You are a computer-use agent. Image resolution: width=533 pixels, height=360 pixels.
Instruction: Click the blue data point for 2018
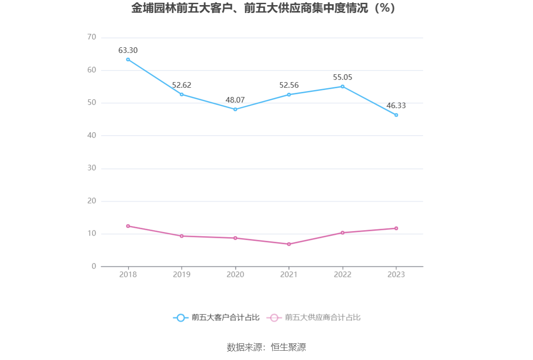pos(128,59)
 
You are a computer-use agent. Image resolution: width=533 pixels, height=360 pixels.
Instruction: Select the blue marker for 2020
pos(235,109)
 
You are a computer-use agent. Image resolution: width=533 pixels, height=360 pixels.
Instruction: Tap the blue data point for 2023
pos(396,115)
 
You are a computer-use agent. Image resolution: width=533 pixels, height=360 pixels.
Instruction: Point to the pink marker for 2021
pos(289,244)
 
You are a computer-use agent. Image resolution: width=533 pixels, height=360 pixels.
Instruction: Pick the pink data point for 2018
pos(128,226)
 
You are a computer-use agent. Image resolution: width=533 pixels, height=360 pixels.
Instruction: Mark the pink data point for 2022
pos(343,232)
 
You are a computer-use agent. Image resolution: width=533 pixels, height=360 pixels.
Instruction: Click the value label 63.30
pos(128,51)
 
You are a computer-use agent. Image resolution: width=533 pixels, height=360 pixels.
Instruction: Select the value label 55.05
pos(343,77)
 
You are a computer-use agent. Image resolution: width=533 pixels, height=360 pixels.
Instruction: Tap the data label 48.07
pos(235,100)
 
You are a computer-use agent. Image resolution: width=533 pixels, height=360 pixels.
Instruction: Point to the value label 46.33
pos(396,106)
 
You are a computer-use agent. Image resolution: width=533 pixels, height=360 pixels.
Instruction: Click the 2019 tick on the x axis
pos(182,275)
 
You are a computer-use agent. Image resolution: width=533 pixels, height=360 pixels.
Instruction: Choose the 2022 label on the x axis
pos(343,275)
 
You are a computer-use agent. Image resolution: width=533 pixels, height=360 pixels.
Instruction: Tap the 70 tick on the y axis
pos(91,37)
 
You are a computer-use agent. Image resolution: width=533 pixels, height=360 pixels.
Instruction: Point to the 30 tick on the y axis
pos(91,168)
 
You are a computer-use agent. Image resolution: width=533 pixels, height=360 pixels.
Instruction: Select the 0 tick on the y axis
pos(94,266)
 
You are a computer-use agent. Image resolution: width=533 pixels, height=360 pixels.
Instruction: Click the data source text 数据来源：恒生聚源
pos(266,347)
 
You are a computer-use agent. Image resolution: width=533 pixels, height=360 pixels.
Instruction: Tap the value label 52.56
pos(289,85)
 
